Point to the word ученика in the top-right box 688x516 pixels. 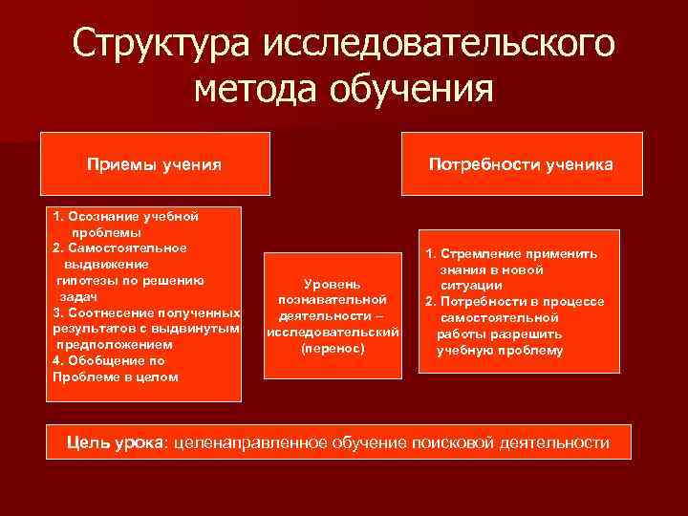pyautogui.click(x=579, y=164)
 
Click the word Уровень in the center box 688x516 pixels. pyautogui.click(x=332, y=285)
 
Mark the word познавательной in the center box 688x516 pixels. pyautogui.click(x=332, y=300)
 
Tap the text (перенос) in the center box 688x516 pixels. pyautogui.click(x=332, y=349)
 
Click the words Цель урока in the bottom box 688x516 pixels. pyautogui.click(x=115, y=442)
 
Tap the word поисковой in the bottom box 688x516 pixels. pyautogui.click(x=458, y=442)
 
